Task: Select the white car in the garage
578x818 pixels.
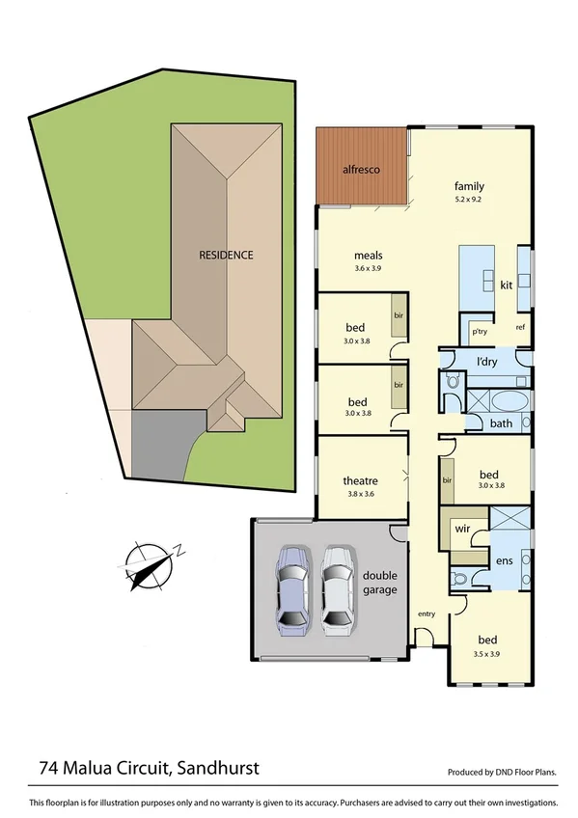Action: [x=337, y=588]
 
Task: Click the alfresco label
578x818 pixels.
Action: [x=362, y=170]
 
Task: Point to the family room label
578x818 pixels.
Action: [x=470, y=186]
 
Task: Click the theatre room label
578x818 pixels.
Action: [x=360, y=480]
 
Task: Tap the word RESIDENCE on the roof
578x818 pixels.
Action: [x=226, y=256]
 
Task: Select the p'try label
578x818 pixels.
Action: [x=478, y=331]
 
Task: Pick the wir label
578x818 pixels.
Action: [x=461, y=529]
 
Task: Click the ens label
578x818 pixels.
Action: [x=503, y=559]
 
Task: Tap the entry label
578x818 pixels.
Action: [x=426, y=613]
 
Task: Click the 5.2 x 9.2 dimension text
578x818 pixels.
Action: [x=470, y=201]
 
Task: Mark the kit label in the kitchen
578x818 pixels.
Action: [x=506, y=286]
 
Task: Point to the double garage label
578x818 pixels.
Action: [x=379, y=583]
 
